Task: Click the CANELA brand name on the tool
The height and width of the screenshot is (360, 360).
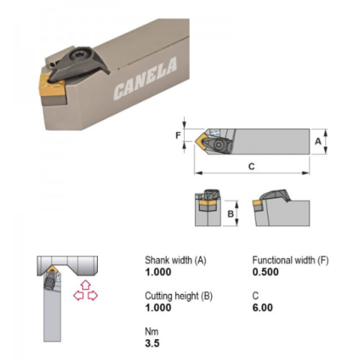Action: [x=145, y=79]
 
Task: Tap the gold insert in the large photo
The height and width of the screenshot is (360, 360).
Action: [x=52, y=84]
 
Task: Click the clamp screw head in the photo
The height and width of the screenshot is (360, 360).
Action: [x=79, y=54]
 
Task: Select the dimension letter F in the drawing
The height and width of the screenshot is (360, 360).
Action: [x=178, y=135]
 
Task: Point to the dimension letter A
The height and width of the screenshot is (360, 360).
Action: [x=318, y=142]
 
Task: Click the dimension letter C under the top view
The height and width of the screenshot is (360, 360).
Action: [x=252, y=166]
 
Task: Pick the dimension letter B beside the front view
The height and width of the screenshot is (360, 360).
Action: [x=230, y=213]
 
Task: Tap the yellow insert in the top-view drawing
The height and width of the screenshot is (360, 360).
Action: [x=202, y=140]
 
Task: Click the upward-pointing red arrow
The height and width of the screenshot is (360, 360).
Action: [x=85, y=285]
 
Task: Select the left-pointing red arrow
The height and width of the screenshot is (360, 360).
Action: [x=79, y=295]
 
